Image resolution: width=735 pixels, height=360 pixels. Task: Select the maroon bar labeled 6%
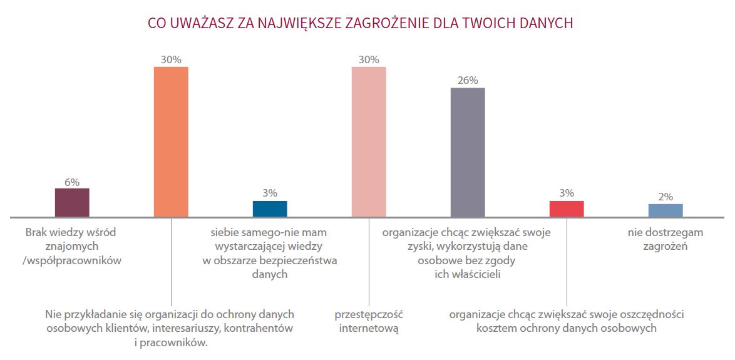pos(72,202)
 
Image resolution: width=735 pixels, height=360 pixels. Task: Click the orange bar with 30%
pos(171,141)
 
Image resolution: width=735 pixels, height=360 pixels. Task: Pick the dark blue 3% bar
pos(270,208)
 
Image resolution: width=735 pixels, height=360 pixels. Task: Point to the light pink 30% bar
pos(369,141)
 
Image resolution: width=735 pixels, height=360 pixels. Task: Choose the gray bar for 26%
pos(468,152)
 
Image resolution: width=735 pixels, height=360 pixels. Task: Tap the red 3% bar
pos(567,208)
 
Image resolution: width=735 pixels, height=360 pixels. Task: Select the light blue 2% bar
pos(666,210)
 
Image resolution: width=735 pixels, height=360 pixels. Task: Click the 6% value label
pos(72,182)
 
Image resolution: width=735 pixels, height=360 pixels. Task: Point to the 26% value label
pos(468,80)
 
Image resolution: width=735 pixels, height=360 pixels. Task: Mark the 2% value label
pos(666,197)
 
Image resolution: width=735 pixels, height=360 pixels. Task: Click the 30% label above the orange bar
pos(171,59)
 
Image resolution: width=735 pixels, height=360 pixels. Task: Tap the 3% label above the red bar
pos(567,193)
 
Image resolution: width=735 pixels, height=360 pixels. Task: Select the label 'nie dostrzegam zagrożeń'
pos(666,239)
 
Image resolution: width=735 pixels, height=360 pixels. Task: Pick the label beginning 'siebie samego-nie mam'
pos(270,253)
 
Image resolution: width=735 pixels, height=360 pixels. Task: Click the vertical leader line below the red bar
pos(567,263)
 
